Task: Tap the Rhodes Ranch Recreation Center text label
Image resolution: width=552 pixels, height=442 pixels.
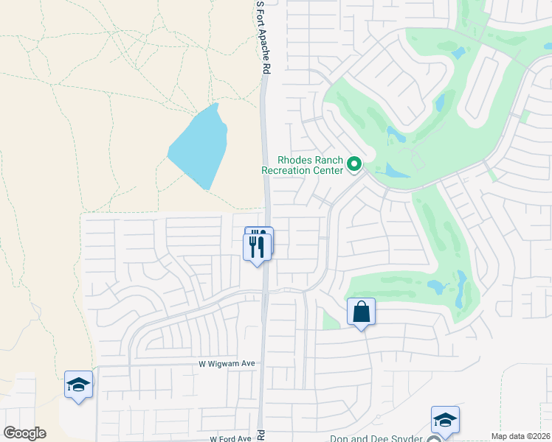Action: tap(303, 165)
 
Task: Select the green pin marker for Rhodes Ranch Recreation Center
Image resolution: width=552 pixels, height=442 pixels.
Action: tap(354, 164)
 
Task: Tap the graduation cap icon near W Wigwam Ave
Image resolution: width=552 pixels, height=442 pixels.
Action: tap(78, 384)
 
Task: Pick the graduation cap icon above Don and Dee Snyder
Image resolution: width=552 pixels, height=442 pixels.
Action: tap(445, 419)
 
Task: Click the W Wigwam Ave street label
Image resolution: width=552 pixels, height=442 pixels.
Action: tap(227, 364)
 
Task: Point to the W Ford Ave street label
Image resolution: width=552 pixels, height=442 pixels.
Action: tap(230, 438)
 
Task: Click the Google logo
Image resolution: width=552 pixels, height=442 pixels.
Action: tap(24, 432)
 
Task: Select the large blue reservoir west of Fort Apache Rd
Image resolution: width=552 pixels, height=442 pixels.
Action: tap(197, 147)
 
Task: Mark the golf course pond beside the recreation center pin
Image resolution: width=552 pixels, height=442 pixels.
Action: tap(395, 171)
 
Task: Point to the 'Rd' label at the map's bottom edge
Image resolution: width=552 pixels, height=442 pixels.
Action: tap(260, 435)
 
